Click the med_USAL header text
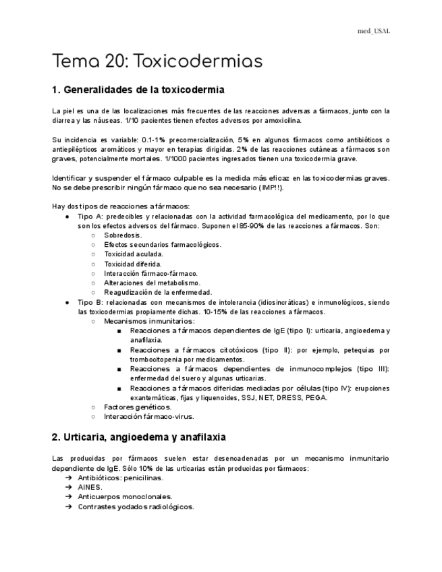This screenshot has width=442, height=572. [x=373, y=31]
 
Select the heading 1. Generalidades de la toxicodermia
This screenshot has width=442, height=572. [x=138, y=90]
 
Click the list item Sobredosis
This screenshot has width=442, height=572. [x=123, y=235]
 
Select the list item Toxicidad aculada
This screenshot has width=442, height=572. [x=134, y=254]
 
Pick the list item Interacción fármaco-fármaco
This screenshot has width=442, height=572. [x=150, y=273]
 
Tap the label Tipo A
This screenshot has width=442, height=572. [x=90, y=216]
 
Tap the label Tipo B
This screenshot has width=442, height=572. [x=90, y=302]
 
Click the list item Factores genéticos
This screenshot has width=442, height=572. [x=138, y=407]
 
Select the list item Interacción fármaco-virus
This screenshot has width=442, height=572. [x=148, y=416]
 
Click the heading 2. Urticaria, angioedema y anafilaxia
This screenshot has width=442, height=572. [x=138, y=437]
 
